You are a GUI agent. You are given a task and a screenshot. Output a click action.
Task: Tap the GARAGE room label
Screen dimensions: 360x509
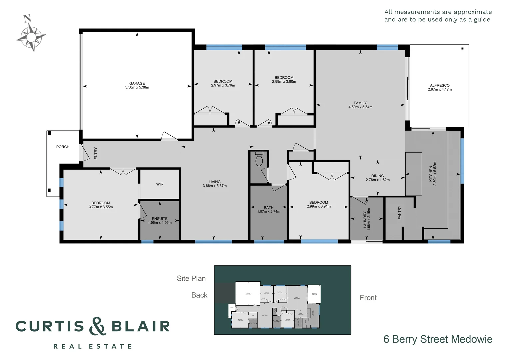[137, 83]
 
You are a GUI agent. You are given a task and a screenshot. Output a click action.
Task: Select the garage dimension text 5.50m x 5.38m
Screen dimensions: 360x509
[137, 88]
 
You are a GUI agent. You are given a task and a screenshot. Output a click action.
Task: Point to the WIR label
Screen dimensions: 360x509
[160, 184]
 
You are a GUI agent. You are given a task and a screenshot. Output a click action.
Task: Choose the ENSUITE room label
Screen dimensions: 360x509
[160, 219]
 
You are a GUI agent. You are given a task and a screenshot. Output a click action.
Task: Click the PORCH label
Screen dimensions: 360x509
[63, 147]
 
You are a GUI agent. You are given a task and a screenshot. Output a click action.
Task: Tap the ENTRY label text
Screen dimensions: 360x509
[96, 153]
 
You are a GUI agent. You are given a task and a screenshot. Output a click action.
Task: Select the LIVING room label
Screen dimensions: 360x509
[215, 182]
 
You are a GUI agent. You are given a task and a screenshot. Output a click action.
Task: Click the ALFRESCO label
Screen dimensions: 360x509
[440, 85]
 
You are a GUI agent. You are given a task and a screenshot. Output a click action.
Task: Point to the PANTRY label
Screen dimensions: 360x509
[400, 213]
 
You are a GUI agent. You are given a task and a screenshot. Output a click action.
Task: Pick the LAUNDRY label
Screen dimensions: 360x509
[365, 219]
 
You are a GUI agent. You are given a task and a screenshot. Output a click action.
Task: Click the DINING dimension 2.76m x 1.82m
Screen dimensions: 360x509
[378, 180]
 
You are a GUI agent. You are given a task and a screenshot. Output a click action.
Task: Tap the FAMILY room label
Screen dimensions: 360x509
[360, 103]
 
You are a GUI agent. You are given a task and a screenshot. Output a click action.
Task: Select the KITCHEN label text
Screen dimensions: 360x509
[431, 174]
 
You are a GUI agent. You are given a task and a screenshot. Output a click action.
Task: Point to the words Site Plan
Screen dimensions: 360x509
[191, 278]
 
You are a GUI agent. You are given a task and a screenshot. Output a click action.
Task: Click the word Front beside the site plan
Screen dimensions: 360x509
[368, 298]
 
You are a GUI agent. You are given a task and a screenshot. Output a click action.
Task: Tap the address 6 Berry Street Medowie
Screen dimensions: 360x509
[438, 339]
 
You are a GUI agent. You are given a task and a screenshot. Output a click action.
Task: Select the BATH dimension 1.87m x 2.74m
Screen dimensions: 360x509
[269, 212]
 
